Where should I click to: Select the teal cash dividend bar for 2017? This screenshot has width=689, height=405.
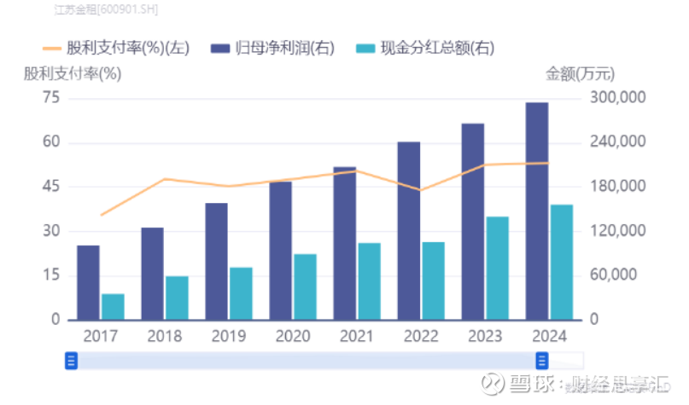point(113,307)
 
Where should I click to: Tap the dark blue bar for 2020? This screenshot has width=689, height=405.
point(281,251)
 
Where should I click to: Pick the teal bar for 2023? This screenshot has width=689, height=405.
point(498,269)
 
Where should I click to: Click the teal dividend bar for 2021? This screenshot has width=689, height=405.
point(369,281)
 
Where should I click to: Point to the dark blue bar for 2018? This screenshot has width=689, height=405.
point(153,274)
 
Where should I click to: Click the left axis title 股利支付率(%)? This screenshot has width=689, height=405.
point(73,73)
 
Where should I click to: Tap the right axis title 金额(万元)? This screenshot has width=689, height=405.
point(580,73)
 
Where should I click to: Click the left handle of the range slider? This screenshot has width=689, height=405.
point(71,361)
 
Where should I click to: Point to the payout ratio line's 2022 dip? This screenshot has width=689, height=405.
point(419,189)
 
